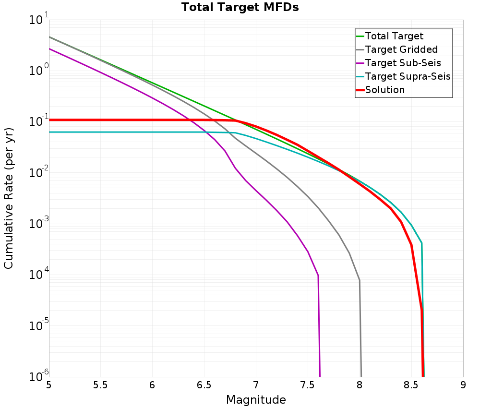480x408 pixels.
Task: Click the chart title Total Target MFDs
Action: pos(240,7)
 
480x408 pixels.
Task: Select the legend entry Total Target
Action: pos(394,36)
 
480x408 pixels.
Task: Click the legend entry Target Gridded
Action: pos(401,49)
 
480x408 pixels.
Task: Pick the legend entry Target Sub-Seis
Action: pos(403,63)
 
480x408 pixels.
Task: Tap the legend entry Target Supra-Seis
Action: pos(408,76)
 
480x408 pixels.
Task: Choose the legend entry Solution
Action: pos(384,90)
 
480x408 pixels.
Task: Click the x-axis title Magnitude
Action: pos(256,400)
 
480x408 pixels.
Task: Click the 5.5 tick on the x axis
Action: pos(100,385)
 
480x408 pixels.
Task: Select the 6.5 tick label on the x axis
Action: pos(204,385)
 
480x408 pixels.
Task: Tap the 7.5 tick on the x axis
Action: pos(308,385)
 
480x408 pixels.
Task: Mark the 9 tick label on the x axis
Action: pos(463,385)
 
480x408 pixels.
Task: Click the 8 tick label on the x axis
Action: pos(360,385)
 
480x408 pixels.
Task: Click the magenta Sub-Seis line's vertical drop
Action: pos(319,326)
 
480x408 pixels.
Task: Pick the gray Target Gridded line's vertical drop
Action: pos(360,331)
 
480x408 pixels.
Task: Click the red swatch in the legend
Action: pos(360,90)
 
